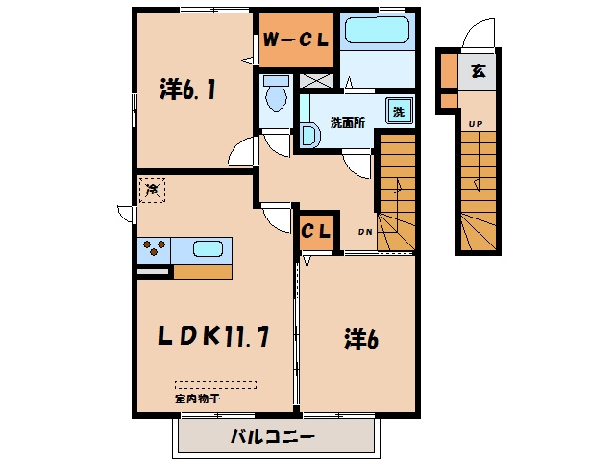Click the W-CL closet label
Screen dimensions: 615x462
coord(295,39)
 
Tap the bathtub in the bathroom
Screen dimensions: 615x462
coord(377,30)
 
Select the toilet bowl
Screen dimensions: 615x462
coord(276,93)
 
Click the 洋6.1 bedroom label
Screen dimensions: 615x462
coord(188,90)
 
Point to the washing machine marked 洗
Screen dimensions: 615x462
coord(399,112)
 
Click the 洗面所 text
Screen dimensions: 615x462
coord(348,123)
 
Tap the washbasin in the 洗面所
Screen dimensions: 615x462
coord(310,136)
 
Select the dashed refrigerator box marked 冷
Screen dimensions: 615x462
coord(152,191)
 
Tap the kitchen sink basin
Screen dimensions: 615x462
coord(208,248)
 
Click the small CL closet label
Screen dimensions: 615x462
coord(316,231)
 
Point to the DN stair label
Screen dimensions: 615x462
coord(365,232)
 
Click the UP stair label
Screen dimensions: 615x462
coord(476,124)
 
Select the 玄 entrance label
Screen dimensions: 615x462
coord(479,70)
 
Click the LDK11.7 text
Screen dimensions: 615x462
coord(213,337)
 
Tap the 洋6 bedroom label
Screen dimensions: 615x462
coord(361,339)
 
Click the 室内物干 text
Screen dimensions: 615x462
coord(197,398)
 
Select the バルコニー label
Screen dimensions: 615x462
coord(273,436)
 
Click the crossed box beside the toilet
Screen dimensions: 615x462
coord(316,81)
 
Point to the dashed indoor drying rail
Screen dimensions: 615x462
coord(215,385)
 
